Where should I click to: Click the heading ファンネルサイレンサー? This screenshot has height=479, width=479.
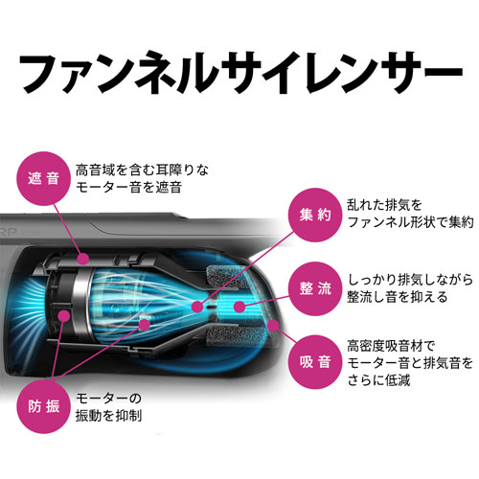click(241, 73)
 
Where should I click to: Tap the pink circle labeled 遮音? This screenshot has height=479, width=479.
click(43, 178)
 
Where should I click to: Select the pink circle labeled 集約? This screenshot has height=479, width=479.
click(315, 215)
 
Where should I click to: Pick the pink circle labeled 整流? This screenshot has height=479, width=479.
click(315, 288)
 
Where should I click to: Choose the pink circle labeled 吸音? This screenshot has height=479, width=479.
click(315, 362)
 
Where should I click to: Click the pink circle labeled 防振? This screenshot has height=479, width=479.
click(43, 406)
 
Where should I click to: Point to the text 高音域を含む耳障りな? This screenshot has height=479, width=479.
click(142, 170)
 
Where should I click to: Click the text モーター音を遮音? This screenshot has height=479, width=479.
click(128, 188)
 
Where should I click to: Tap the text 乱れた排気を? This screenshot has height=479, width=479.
click(384, 205)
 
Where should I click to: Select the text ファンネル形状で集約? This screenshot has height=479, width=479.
click(410, 222)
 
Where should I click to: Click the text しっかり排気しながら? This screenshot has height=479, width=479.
click(410, 280)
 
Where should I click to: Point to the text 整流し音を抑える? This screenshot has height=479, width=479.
click(398, 297)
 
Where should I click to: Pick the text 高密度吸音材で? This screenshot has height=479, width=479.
click(391, 346)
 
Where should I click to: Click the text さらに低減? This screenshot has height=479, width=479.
click(378, 380)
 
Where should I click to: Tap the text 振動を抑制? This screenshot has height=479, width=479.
click(108, 416)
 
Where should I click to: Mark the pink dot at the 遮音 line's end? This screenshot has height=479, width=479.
click(83, 259)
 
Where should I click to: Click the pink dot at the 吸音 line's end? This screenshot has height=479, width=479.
click(273, 326)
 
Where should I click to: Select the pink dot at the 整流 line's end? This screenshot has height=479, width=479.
click(239, 308)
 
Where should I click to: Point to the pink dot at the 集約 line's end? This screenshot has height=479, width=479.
click(197, 308)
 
